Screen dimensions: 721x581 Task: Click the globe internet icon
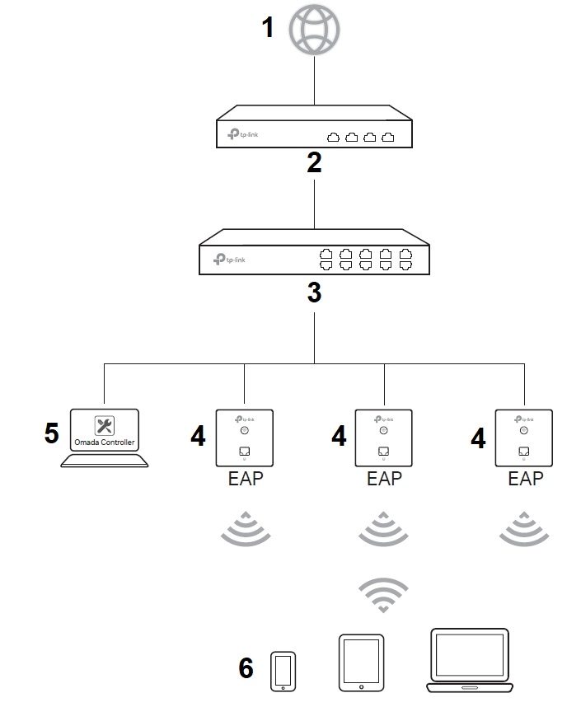tap(314, 30)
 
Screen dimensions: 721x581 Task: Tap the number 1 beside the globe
tap(268, 28)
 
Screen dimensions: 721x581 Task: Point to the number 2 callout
tap(314, 163)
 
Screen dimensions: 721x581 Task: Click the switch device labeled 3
tap(314, 257)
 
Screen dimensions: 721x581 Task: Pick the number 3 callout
tap(314, 293)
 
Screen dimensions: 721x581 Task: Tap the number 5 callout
tap(52, 433)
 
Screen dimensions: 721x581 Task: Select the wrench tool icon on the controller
tap(105, 425)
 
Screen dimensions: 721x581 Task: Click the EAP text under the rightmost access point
tap(525, 478)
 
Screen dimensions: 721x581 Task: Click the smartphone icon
tap(283, 671)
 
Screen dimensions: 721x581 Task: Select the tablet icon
tap(361, 662)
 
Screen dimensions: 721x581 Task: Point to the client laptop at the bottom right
tap(469, 660)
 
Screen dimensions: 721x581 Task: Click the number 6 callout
tap(246, 668)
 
